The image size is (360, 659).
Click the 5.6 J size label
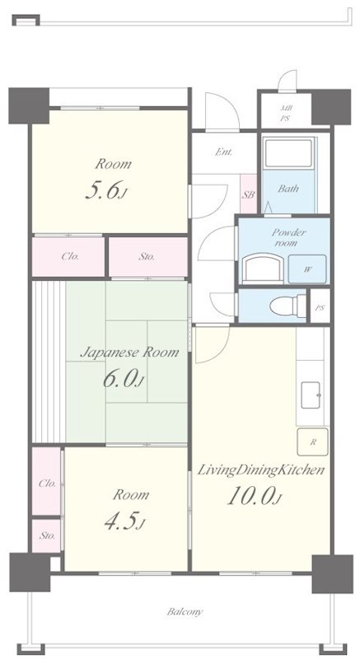[x=105, y=190]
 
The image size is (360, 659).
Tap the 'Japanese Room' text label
[x=129, y=352]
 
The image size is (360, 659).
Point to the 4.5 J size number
[x=124, y=521]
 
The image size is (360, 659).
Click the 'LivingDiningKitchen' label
[x=260, y=470]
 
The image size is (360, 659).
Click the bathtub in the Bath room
[x=288, y=152]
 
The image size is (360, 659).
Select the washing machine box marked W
[x=307, y=269]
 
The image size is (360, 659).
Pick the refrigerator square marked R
[x=312, y=442]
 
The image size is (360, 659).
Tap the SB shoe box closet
[x=248, y=194]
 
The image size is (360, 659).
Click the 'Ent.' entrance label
[x=223, y=152]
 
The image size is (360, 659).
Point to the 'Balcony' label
[x=185, y=611]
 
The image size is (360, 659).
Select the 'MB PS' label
[x=286, y=114]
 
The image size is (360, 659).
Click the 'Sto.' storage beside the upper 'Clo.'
[x=147, y=256]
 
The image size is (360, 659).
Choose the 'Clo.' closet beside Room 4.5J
[x=47, y=481]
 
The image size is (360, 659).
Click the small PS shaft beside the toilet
[x=320, y=306]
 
